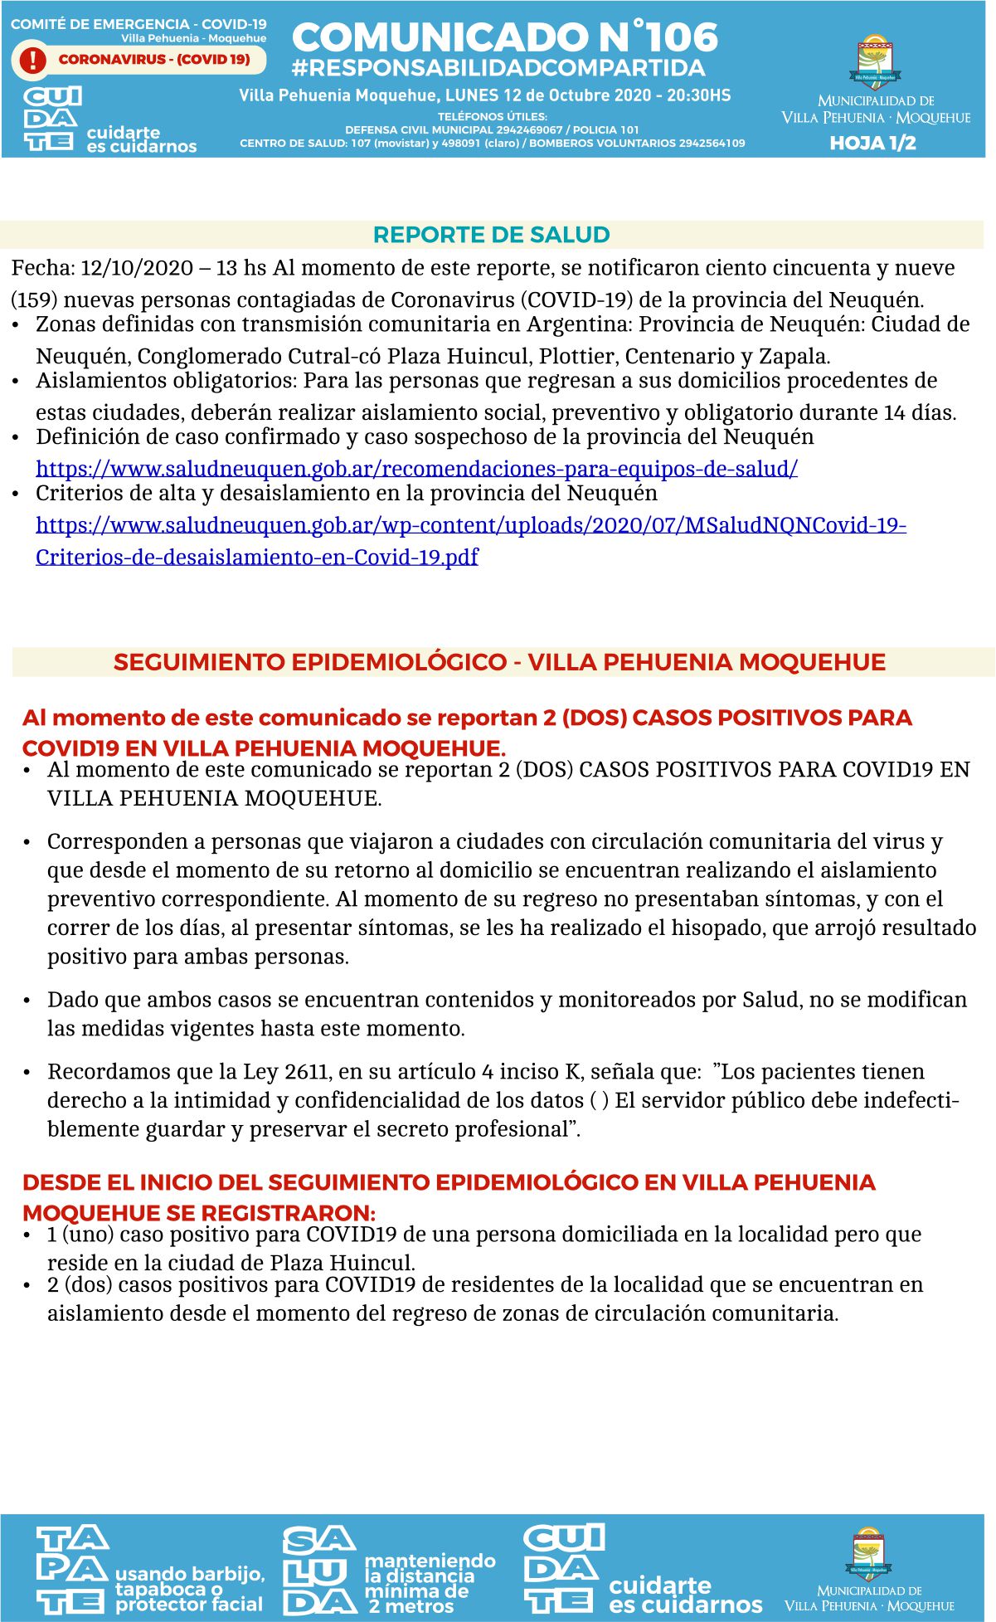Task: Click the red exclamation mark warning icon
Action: point(33,60)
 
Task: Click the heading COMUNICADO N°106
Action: point(504,37)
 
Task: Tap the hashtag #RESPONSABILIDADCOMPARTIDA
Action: point(498,68)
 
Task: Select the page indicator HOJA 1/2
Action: point(872,144)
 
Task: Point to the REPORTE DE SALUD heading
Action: point(492,235)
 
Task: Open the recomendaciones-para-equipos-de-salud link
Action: point(416,469)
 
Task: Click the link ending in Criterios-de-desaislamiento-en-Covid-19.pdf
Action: point(257,557)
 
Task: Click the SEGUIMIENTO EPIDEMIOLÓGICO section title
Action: point(499,662)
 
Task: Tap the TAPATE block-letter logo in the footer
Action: point(72,1571)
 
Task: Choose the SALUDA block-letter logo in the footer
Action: point(319,1571)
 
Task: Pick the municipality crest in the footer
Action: point(868,1554)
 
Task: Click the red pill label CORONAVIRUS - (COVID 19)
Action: point(154,60)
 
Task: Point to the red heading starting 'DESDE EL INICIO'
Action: point(449,1183)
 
